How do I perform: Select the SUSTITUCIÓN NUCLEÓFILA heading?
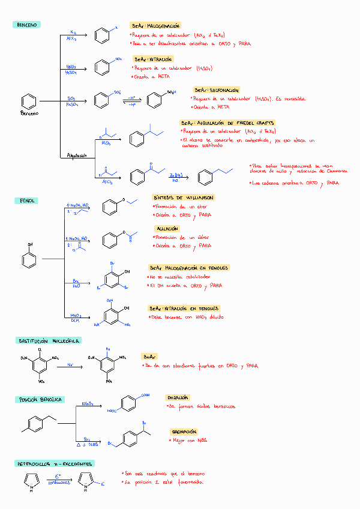pyautogui.click(x=48, y=340)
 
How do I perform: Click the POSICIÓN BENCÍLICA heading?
pyautogui.click(x=41, y=399)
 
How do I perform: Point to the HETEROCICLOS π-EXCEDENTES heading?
pyautogui.click(x=54, y=464)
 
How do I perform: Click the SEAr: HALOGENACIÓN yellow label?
pyautogui.click(x=155, y=26)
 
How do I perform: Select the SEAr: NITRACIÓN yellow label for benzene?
pyautogui.click(x=153, y=59)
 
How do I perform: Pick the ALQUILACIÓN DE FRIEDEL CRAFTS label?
pyautogui.click(x=227, y=122)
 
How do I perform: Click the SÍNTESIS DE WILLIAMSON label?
pyautogui.click(x=182, y=197)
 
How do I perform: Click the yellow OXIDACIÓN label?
pyautogui.click(x=177, y=397)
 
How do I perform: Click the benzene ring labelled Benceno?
pyautogui.click(x=28, y=101)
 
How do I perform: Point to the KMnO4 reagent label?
pyautogui.click(x=87, y=403)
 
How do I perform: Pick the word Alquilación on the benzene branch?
pyautogui.click(x=77, y=155)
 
